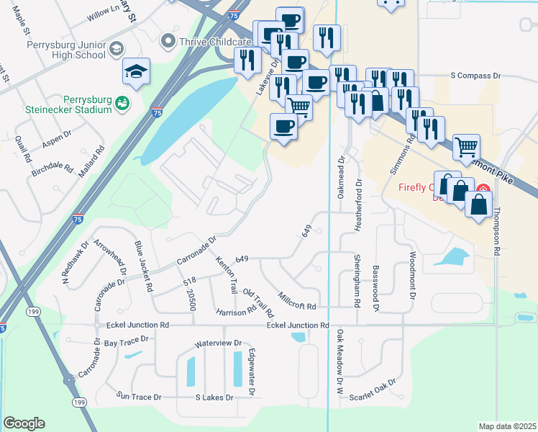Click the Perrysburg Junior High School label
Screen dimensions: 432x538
65,49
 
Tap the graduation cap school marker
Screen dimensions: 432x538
136,71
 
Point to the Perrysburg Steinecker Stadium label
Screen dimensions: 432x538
78,104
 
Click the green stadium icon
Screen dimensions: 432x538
122,104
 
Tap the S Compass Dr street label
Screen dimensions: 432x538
475,75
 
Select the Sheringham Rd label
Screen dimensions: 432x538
356,279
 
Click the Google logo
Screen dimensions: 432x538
24,423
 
